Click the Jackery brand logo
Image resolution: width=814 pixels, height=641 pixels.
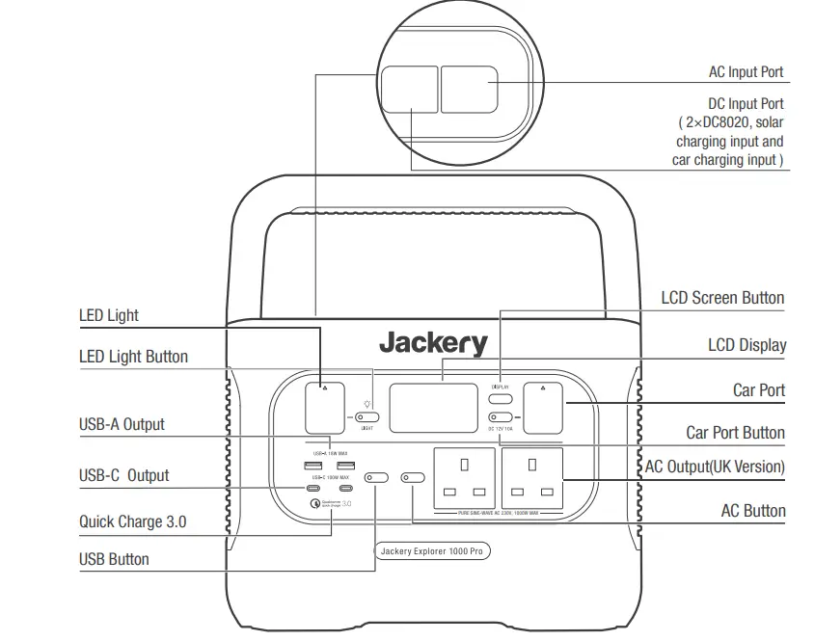[x=433, y=343]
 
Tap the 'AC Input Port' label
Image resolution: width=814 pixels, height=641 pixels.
[x=746, y=72]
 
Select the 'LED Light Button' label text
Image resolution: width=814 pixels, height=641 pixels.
[x=133, y=357]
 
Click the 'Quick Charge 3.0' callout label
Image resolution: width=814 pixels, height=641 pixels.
[x=132, y=522]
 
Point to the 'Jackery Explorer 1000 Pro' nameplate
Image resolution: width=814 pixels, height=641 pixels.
[x=432, y=551]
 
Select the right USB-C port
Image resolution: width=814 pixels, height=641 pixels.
[x=345, y=489]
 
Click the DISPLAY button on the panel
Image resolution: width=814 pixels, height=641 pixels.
[x=500, y=397]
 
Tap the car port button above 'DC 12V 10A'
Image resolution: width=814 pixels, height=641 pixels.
[x=500, y=417]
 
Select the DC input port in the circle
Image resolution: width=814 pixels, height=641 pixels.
[x=409, y=88]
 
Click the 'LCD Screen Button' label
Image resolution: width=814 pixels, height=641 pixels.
[x=722, y=298]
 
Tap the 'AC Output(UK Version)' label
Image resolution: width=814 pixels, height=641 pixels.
[x=715, y=467]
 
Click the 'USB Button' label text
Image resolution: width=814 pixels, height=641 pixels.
[x=114, y=559]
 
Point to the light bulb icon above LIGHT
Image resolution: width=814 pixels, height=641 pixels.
[x=366, y=405]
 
